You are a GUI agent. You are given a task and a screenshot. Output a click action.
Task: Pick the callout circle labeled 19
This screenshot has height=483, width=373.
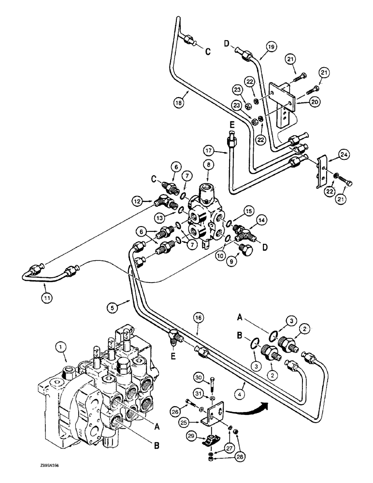(271, 47)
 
